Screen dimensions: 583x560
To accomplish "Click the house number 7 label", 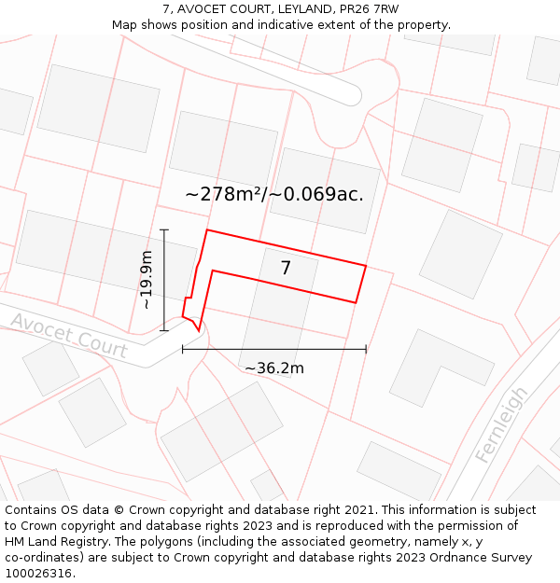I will click(286, 268).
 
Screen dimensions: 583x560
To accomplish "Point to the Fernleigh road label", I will click(501, 424).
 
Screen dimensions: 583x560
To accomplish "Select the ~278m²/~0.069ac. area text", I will click(274, 194).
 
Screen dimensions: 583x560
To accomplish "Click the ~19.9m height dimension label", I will click(147, 280).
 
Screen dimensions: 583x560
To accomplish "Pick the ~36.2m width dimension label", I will click(274, 368).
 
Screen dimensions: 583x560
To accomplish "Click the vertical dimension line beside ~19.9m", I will click(164, 280).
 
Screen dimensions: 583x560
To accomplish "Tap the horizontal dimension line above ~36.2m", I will click(274, 349).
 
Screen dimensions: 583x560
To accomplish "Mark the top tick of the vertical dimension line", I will click(164, 229).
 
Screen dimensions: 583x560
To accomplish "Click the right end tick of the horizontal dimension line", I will click(366, 349).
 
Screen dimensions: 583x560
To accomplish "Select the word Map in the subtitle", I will click(125, 24).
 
